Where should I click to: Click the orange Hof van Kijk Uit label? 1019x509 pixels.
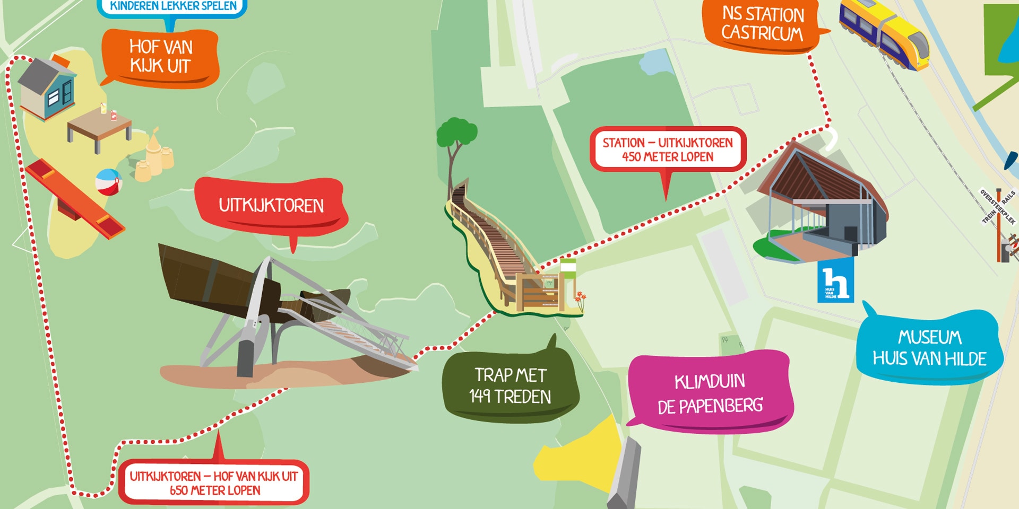[161, 57]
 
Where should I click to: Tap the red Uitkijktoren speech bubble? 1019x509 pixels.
[271, 206]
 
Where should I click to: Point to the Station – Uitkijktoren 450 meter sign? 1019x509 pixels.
[667, 150]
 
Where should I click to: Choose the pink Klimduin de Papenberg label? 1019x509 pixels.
[710, 393]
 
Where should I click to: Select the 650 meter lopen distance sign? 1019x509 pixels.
[214, 482]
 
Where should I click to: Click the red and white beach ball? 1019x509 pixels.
[108, 182]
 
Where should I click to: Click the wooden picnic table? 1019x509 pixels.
[99, 127]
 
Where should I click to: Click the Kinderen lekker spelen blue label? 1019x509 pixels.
[172, 7]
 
